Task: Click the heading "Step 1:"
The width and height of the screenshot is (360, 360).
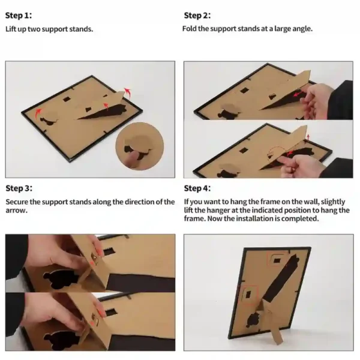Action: (19, 16)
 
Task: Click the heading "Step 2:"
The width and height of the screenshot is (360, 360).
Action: (197, 16)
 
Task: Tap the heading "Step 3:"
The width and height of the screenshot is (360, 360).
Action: (19, 188)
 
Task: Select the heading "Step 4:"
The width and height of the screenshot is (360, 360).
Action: (197, 188)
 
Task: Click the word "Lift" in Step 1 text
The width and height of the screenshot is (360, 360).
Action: (11, 29)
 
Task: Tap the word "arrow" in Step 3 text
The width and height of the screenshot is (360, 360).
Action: (16, 211)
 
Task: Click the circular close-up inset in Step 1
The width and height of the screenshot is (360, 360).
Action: (140, 146)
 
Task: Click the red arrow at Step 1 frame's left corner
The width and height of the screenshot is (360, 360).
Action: (38, 113)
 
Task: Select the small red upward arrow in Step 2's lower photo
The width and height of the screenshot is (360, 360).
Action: (308, 137)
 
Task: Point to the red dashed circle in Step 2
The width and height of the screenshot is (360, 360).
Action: (277, 153)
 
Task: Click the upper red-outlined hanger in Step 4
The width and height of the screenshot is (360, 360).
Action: (277, 259)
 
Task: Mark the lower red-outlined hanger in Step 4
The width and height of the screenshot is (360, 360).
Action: (248, 295)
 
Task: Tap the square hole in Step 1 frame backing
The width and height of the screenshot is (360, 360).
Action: (67, 99)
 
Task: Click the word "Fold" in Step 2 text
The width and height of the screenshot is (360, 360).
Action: (190, 29)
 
